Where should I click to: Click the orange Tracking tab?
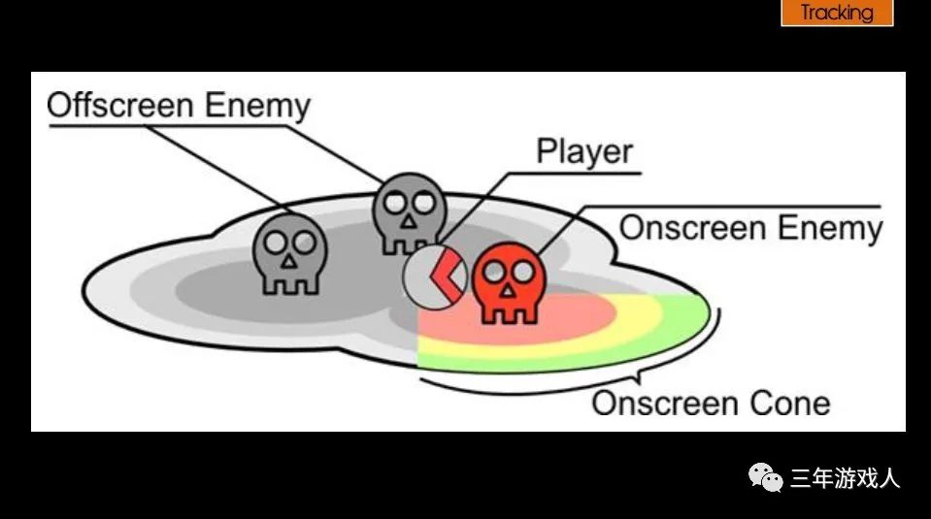(837, 13)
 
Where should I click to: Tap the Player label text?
(584, 152)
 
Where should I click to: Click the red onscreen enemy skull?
(510, 281)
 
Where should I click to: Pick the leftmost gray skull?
(289, 254)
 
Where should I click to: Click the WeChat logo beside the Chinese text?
(765, 477)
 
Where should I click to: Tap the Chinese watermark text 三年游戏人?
(846, 478)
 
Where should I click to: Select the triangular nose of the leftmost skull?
(288, 261)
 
